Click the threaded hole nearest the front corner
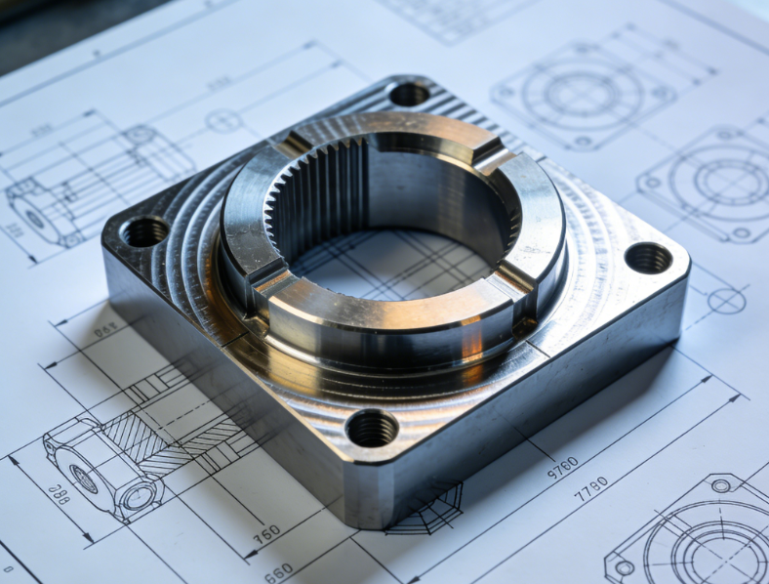pyautogui.click(x=372, y=428)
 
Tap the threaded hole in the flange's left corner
pyautogui.click(x=145, y=231)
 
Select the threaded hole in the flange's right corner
pyautogui.click(x=648, y=258)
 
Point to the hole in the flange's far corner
pyautogui.click(x=410, y=94)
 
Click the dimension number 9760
pyautogui.click(x=562, y=467)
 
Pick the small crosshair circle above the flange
pyautogui.click(x=223, y=121)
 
